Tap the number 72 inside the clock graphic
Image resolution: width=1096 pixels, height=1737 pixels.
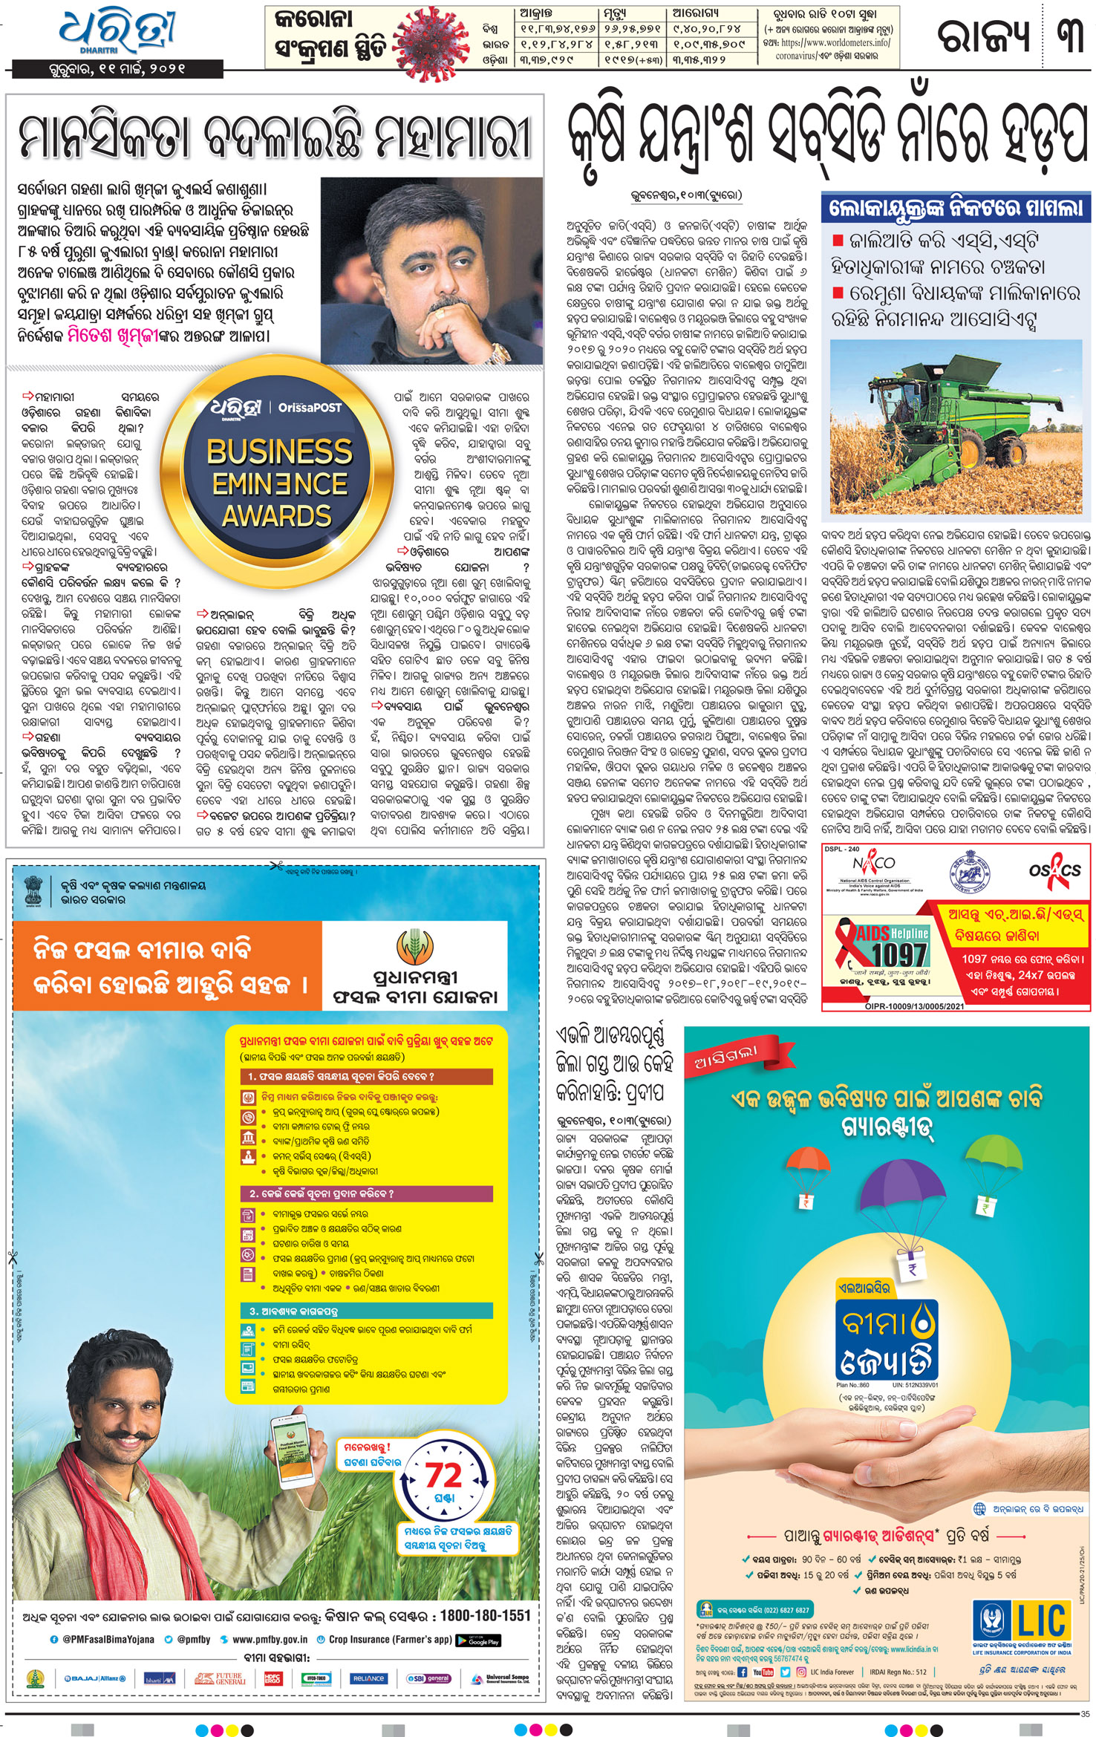443,1475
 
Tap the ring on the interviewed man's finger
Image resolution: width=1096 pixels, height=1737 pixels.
443,315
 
